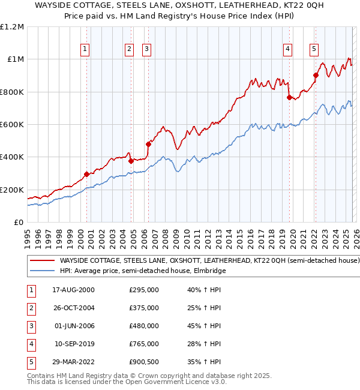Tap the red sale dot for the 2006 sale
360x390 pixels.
148,144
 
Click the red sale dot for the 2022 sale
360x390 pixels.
316,75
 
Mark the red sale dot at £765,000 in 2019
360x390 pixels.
289,97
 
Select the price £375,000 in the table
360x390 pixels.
144,308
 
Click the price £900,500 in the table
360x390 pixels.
144,362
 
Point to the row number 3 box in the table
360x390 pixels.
29,326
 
